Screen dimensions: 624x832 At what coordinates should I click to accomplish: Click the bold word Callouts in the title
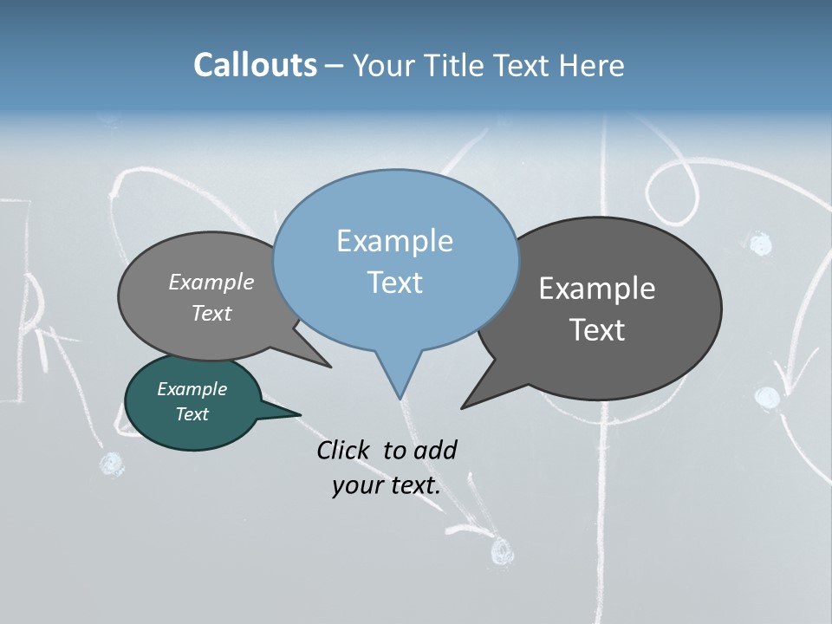[x=255, y=65]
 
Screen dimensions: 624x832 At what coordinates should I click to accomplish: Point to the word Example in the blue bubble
[x=394, y=241]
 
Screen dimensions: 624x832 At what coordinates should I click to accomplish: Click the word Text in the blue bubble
[x=394, y=283]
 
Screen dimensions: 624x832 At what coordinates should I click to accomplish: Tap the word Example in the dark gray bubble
[x=596, y=289]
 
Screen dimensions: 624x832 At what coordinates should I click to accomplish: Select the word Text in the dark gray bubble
[x=597, y=330]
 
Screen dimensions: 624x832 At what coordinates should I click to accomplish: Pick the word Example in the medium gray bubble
[x=211, y=283]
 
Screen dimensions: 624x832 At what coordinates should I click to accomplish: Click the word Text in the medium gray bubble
[x=211, y=313]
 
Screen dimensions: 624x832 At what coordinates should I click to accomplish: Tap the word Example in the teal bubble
[x=192, y=389]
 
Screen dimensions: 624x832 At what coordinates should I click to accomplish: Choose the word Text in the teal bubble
[x=192, y=414]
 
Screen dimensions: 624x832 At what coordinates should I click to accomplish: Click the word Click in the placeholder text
[x=342, y=450]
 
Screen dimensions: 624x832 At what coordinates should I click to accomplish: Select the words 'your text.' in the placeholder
[x=386, y=485]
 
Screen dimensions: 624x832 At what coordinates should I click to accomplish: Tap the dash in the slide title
[x=335, y=65]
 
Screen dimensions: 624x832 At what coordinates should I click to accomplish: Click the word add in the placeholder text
[x=435, y=450]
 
